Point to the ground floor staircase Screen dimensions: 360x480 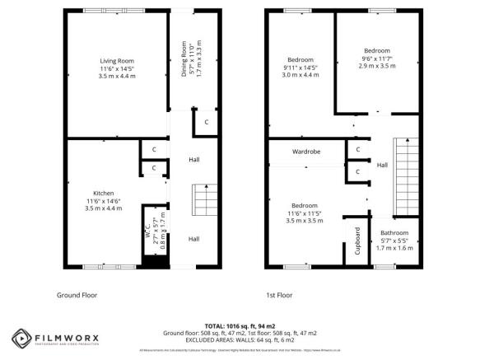click(x=203, y=199)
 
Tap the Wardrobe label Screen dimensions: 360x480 click(x=305, y=152)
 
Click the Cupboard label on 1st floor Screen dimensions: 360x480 click(x=357, y=241)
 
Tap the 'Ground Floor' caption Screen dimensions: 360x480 click(x=78, y=295)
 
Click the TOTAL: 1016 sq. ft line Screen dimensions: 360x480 click(x=240, y=325)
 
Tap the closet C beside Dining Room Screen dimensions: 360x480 click(x=206, y=124)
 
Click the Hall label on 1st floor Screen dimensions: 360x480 click(x=382, y=166)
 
